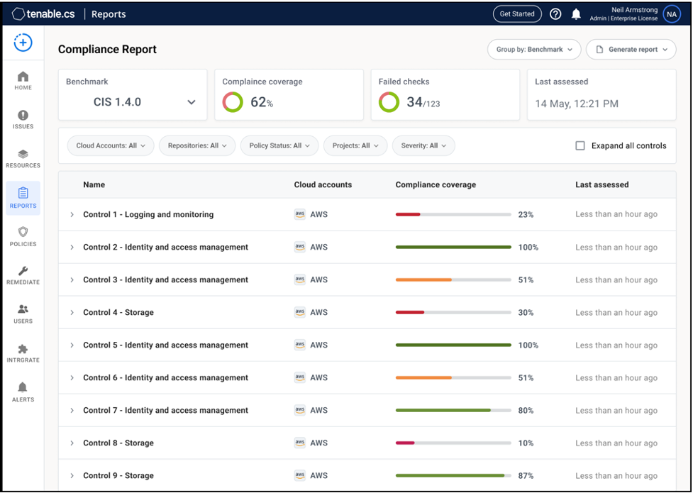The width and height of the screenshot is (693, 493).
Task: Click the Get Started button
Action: pyautogui.click(x=517, y=14)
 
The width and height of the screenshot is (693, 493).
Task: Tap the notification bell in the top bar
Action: pyautogui.click(x=576, y=14)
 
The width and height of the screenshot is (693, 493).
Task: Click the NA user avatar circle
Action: pyautogui.click(x=672, y=14)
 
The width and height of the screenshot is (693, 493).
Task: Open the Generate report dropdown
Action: pyautogui.click(x=631, y=50)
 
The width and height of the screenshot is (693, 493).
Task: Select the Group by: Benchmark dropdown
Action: pyautogui.click(x=534, y=50)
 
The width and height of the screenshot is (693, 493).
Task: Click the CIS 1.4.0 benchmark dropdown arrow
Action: pyautogui.click(x=191, y=102)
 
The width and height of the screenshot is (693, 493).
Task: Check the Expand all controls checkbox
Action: pyautogui.click(x=580, y=145)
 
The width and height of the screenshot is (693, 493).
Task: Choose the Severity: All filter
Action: pyautogui.click(x=423, y=145)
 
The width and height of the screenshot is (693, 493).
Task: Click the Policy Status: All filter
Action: pyautogui.click(x=279, y=145)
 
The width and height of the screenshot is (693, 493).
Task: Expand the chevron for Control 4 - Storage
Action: pyautogui.click(x=72, y=313)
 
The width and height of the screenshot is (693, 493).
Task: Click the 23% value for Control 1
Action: pyautogui.click(x=526, y=214)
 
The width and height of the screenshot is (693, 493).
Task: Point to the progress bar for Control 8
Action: pyautogui.click(x=453, y=443)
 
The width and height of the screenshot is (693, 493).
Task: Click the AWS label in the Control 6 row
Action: pyautogui.click(x=318, y=378)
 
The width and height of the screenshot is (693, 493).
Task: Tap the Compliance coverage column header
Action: pyautogui.click(x=436, y=184)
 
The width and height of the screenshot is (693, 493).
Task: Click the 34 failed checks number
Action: pyautogui.click(x=414, y=102)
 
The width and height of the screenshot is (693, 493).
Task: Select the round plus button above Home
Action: pyautogui.click(x=23, y=43)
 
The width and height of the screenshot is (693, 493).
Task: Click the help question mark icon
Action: pyautogui.click(x=555, y=14)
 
